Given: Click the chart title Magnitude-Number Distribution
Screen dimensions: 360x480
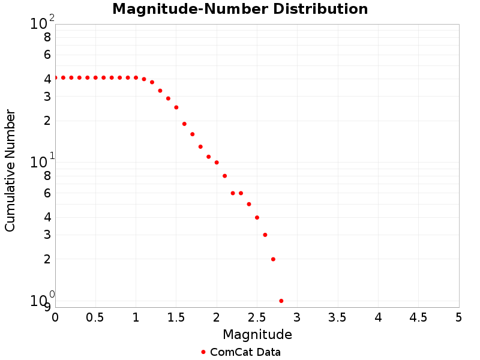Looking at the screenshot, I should pyautogui.click(x=240, y=10).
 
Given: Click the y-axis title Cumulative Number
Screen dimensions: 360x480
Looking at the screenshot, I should pyautogui.click(x=10, y=170).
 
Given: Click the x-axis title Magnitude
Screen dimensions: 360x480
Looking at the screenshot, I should pyautogui.click(x=257, y=334).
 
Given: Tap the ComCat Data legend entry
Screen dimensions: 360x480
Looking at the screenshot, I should pyautogui.click(x=240, y=352).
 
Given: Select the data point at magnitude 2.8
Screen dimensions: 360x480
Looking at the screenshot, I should pyautogui.click(x=281, y=301).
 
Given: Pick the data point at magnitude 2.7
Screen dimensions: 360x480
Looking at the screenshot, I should pyautogui.click(x=273, y=259).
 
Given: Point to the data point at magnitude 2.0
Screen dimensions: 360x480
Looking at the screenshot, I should pyautogui.click(x=217, y=163).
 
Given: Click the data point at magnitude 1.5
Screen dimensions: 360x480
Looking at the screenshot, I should pyautogui.click(x=176, y=107).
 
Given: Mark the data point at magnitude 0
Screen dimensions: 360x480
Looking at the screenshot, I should pyautogui.click(x=55, y=77).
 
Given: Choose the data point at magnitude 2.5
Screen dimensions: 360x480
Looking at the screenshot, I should pyautogui.click(x=257, y=217).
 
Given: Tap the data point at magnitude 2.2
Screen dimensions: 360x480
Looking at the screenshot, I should pyautogui.click(x=233, y=193).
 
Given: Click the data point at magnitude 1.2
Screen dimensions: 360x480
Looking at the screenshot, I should pyautogui.click(x=152, y=82).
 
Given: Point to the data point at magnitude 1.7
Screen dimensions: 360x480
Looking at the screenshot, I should pyautogui.click(x=193, y=134).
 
